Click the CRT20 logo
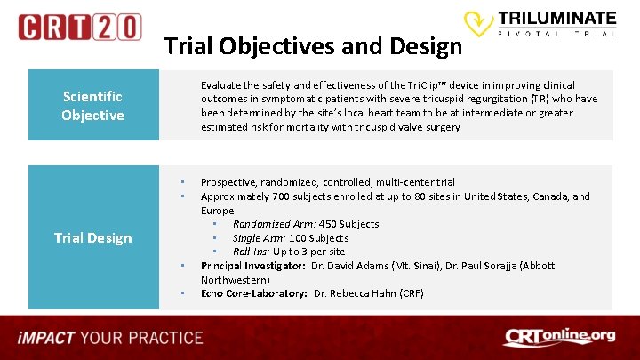79,27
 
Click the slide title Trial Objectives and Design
313,46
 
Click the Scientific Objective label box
92,106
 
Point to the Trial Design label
92,237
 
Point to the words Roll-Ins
251,252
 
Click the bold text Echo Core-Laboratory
253,293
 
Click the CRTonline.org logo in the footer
558,337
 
